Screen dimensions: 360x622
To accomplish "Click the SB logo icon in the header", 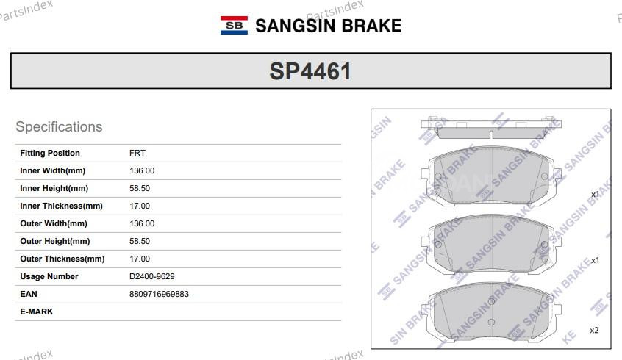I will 234,26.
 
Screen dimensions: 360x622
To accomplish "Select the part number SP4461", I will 310,71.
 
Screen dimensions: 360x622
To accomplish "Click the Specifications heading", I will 59,127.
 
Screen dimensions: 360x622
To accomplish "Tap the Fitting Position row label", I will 50,154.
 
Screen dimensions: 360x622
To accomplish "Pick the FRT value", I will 137,154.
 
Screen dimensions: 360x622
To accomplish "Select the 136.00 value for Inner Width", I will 142,171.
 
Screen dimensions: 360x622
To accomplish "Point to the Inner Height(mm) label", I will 54,189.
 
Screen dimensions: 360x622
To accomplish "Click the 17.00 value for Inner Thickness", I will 140,206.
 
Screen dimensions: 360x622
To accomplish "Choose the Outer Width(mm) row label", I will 54,224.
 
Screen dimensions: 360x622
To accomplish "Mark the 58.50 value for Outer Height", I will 140,242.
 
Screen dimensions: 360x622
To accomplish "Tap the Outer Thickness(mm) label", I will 62,259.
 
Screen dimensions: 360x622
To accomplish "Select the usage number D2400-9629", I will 152,277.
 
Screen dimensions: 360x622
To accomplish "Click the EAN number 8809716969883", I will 159,294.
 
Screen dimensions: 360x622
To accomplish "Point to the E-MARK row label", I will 37,312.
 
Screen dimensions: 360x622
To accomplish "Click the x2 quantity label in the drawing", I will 594,331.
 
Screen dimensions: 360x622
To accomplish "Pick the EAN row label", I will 29,294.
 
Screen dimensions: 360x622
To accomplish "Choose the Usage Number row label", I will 49,277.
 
